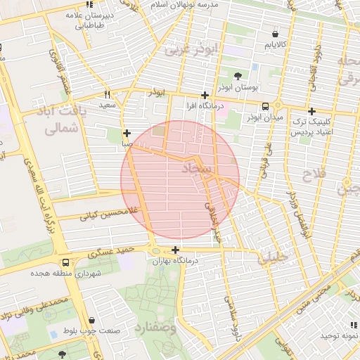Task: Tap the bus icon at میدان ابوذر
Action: pyautogui.click(x=264, y=106)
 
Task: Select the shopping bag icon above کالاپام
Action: pyautogui.click(x=275, y=33)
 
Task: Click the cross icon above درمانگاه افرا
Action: pyautogui.click(x=205, y=95)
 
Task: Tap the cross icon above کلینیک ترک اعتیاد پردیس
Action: pyautogui.click(x=311, y=111)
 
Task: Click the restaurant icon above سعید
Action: pyautogui.click(x=107, y=94)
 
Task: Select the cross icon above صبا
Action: pyautogui.click(x=127, y=133)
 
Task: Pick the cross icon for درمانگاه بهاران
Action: pyautogui.click(x=175, y=250)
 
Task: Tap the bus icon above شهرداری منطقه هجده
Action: pyautogui.click(x=65, y=262)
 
